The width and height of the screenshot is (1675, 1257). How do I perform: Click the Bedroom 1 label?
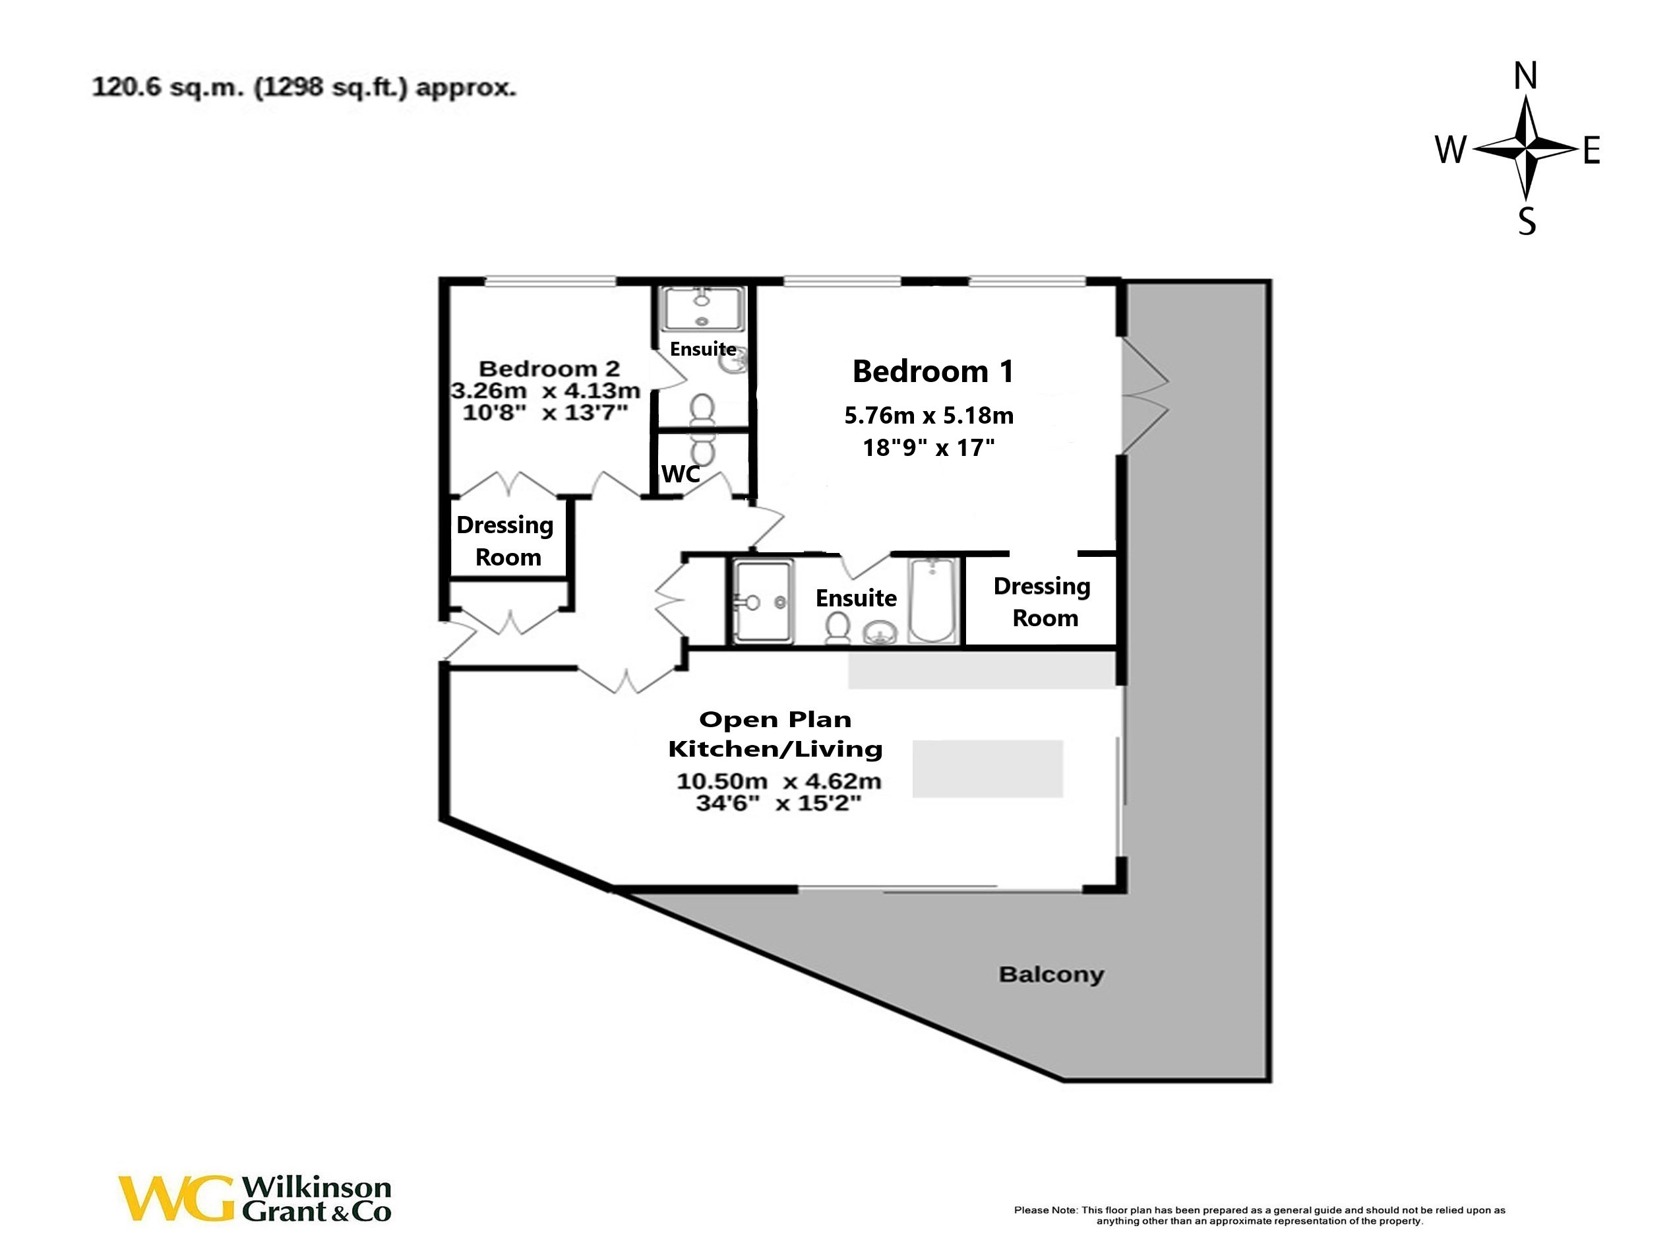tap(932, 371)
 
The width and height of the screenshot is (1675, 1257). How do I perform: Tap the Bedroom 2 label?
tap(549, 369)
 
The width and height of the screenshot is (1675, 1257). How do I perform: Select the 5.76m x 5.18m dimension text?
tap(929, 415)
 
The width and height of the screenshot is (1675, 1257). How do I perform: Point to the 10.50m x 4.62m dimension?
tap(778, 781)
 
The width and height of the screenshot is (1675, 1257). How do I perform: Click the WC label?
tap(680, 474)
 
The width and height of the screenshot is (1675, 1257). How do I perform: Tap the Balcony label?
tap(1051, 975)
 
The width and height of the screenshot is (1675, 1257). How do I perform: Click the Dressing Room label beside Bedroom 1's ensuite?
tap(1043, 602)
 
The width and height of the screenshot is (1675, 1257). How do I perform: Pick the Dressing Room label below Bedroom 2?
tap(506, 541)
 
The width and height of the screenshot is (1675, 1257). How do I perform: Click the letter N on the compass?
tap(1525, 77)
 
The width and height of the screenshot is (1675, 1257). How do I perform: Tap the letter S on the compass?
tap(1527, 221)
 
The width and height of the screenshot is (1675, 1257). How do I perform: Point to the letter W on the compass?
tap(1451, 150)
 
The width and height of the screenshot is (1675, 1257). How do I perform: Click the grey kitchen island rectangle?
tap(987, 768)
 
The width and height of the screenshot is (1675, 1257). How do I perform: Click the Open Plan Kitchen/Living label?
tap(775, 734)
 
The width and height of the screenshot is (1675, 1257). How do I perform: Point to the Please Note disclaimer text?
tap(1260, 1215)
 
